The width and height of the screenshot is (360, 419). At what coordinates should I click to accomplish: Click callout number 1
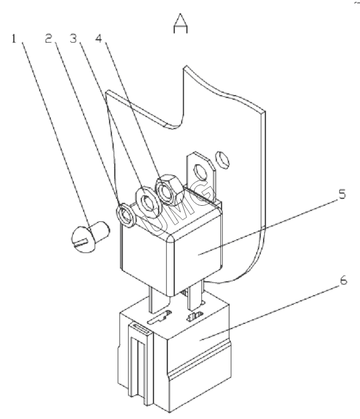(14, 39)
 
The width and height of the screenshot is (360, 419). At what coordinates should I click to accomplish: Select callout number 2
(48, 39)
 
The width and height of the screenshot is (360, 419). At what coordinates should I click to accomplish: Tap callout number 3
(73, 39)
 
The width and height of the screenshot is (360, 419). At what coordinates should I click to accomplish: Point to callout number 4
(99, 39)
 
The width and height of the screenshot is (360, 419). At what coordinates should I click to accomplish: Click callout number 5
(342, 194)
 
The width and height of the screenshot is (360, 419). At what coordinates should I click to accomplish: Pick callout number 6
(343, 281)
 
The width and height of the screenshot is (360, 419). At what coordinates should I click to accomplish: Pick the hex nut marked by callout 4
(169, 190)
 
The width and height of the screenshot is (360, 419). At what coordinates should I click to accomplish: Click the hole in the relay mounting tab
(201, 172)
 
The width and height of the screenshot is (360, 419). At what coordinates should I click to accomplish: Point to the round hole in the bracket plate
(224, 159)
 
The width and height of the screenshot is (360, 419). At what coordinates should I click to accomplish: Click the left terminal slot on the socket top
(159, 317)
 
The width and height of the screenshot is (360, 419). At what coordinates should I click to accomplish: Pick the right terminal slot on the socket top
(195, 316)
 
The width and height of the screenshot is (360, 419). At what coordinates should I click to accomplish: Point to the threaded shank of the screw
(100, 231)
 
